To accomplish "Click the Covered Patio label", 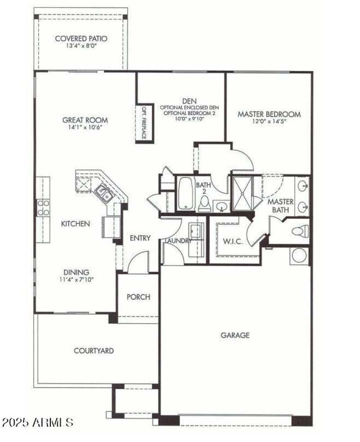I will [81, 38].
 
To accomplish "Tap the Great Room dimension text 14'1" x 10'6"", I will [85, 128].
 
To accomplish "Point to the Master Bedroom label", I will [269, 114].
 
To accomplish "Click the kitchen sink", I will [104, 193].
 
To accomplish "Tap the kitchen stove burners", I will [43, 207].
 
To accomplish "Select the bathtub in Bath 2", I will [185, 194].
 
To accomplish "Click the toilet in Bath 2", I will [205, 204].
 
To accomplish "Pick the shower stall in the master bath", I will [243, 193].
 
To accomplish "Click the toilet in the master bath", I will [299, 231].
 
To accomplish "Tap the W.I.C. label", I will [233, 242].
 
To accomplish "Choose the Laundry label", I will [178, 241].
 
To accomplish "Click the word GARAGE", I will [235, 335].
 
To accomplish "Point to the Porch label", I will [138, 297].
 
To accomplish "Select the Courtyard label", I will [94, 350].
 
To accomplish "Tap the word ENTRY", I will [140, 238].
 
